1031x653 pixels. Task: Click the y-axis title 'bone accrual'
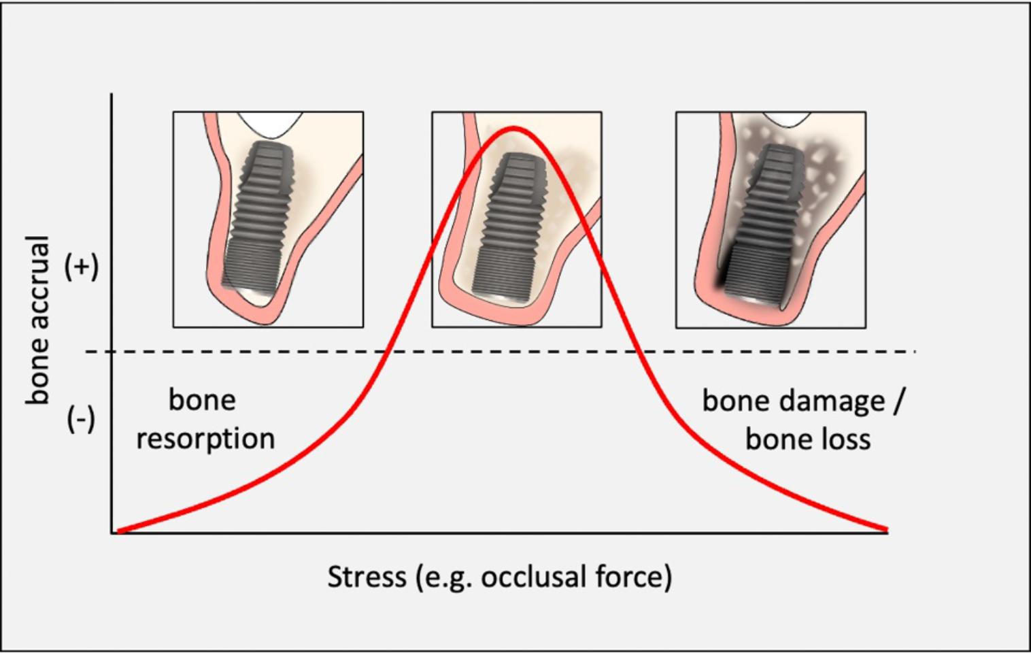coord(38,320)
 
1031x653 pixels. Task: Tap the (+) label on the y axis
coord(82,267)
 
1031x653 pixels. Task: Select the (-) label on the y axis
coord(81,419)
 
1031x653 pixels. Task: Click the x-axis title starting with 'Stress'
coord(500,577)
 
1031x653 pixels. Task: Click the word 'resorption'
coord(205,439)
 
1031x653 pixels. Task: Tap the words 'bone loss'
coord(808,439)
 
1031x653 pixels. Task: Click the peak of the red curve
coord(513,127)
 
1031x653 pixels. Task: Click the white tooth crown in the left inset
coord(270,123)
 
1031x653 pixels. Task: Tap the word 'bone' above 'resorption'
coord(202,400)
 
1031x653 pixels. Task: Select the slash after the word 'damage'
coord(898,401)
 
